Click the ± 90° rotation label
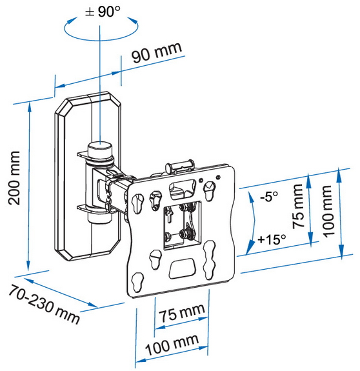[103, 11]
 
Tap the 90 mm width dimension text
[157, 52]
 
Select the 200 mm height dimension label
[14, 177]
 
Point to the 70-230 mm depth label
[44, 305]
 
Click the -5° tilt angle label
[269, 196]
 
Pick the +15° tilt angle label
[272, 239]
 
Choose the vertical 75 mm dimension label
[298, 206]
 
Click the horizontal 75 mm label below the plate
[182, 313]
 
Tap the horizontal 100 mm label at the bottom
[172, 345]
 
